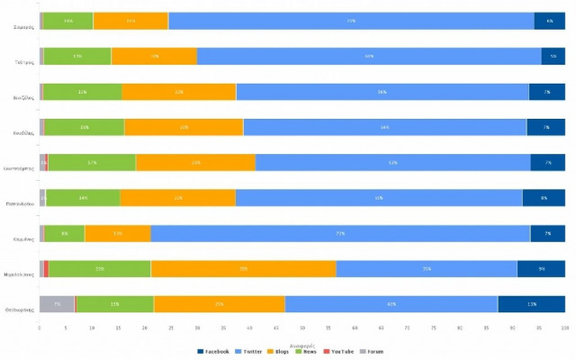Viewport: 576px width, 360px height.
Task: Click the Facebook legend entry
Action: click(x=215, y=352)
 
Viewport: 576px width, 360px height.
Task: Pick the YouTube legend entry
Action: click(x=340, y=352)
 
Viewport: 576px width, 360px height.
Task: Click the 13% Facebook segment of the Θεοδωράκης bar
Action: click(x=531, y=304)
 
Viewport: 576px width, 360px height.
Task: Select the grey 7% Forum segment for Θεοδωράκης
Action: click(x=57, y=304)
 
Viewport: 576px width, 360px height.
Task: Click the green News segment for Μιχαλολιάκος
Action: click(x=100, y=269)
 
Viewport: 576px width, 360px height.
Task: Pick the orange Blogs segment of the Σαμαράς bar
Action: click(x=130, y=21)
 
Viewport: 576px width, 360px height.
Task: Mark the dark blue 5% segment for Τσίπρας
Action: click(x=553, y=56)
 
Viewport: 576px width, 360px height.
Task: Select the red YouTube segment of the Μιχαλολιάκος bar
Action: click(x=46, y=269)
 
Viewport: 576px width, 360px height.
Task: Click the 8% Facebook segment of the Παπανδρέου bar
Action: click(x=544, y=198)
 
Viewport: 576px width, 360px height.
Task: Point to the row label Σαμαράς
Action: click(x=24, y=27)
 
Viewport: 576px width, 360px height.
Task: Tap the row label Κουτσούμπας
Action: click(x=19, y=168)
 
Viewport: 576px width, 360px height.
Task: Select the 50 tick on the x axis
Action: click(x=302, y=328)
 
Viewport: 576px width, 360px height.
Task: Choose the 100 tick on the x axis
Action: click(x=564, y=328)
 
